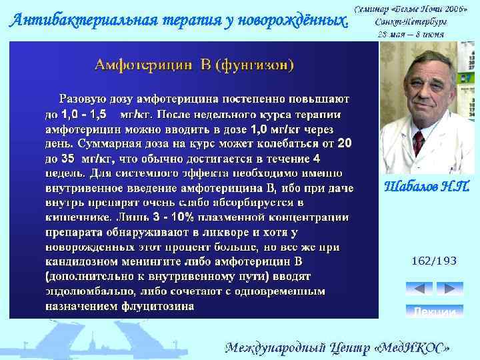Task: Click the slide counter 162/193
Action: click(434, 261)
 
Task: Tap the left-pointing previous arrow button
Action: click(419, 289)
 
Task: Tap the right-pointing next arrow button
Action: click(449, 289)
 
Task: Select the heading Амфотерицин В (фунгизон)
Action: click(195, 65)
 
